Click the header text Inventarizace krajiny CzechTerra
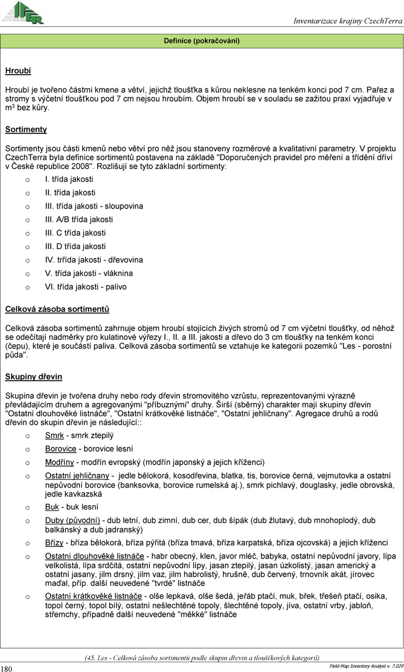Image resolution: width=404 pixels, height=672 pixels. pos(348,21)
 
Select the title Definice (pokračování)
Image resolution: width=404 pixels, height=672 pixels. pos(202,41)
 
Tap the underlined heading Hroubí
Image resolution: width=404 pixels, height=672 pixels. pos(18,71)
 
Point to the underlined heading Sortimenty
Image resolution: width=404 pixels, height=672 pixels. pos(26,129)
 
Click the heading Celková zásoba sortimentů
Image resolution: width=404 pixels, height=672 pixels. pos(57,309)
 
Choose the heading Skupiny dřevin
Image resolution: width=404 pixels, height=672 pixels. pos(33,377)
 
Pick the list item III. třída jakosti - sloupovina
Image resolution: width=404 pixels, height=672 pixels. pos(94,206)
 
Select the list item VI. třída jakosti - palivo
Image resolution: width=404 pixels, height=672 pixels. pos(85,287)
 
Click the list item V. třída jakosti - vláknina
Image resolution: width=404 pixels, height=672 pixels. pos(89,273)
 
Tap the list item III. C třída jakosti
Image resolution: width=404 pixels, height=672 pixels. pos(75,233)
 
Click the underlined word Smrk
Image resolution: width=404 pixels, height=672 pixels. pos(54,436)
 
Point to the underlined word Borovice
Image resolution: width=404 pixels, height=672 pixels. pos(61,449)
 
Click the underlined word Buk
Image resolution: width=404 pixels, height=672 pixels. pos(52,507)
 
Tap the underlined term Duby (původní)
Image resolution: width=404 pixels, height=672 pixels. pos(72,521)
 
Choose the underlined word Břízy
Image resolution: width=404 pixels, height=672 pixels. pos(54,543)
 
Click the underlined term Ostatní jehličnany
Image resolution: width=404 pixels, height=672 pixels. pos(77,476)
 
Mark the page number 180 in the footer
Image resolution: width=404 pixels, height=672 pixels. pos(7,669)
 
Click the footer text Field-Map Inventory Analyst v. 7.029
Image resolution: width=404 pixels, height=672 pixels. pos(366,666)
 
